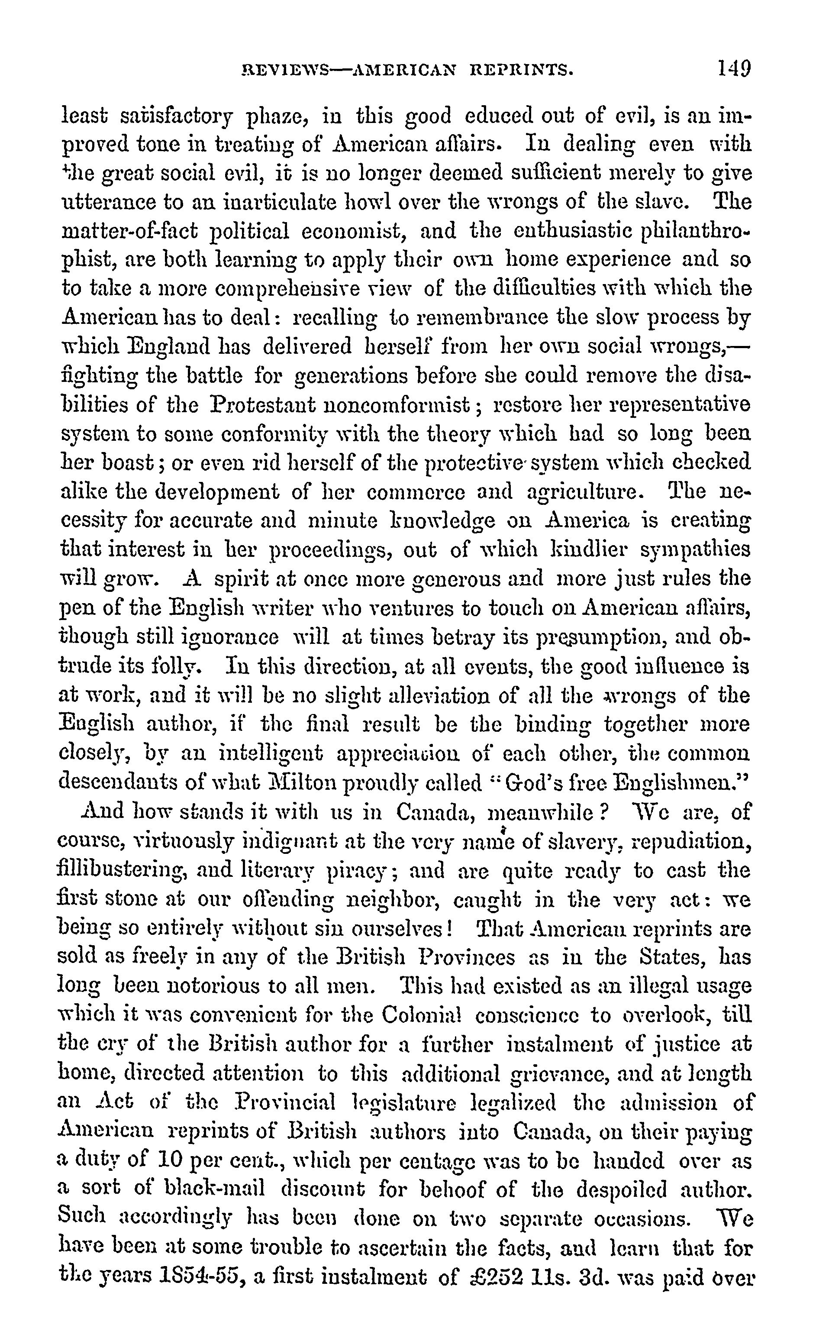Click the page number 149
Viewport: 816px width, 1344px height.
tap(734, 70)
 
